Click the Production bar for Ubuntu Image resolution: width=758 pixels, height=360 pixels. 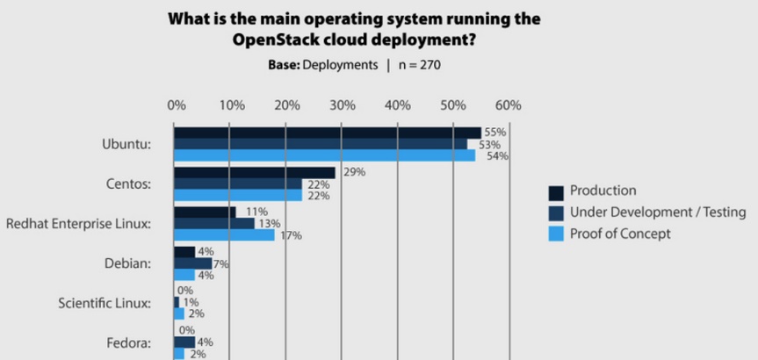pyautogui.click(x=327, y=133)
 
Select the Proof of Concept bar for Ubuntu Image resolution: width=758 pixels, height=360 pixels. pyautogui.click(x=324, y=155)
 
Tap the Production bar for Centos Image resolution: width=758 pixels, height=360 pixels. pyautogui.click(x=255, y=173)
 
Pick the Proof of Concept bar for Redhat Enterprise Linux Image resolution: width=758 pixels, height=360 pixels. pyautogui.click(x=224, y=235)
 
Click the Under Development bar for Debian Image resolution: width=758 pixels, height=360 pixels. pyautogui.click(x=192, y=263)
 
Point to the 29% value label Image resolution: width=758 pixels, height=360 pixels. pyautogui.click(x=355, y=172)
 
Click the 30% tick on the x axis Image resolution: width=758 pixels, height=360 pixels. pyautogui.click(x=342, y=105)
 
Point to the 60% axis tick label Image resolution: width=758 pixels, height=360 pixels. pyautogui.click(x=508, y=105)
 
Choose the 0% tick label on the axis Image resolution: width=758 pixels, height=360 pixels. pyautogui.click(x=176, y=105)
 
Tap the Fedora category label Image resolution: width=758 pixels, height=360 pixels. pyautogui.click(x=129, y=342)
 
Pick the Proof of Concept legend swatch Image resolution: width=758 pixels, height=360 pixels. pyautogui.click(x=555, y=234)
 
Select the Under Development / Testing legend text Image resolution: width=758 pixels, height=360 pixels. pyautogui.click(x=657, y=212)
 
